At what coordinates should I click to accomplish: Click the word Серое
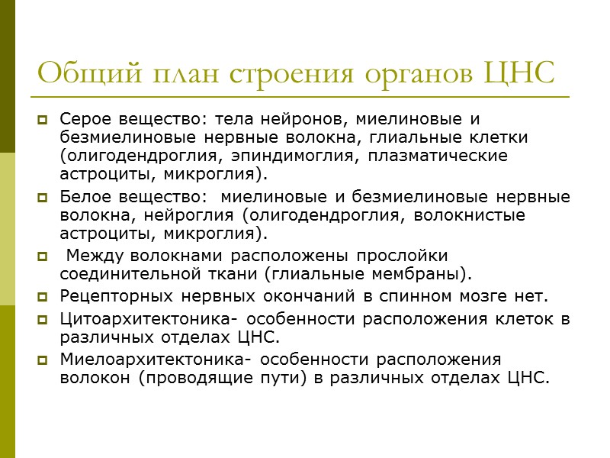(84, 120)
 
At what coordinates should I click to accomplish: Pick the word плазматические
(438, 156)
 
